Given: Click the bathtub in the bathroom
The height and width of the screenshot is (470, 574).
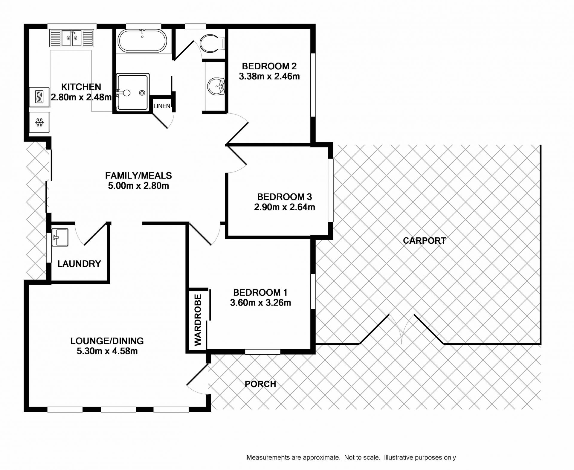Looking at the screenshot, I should pos(142,41).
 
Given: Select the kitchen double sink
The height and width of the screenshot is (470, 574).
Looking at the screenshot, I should pos(72,38).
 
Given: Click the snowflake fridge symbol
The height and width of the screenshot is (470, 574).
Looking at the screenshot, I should pos(39,122).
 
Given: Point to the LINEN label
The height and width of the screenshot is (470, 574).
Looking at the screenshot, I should pos(162,106).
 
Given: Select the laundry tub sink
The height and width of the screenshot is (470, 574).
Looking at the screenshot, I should pos(60,237).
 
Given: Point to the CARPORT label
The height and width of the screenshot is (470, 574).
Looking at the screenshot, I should pos(424,240).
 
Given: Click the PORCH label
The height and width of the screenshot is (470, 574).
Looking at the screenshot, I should pos(260,384).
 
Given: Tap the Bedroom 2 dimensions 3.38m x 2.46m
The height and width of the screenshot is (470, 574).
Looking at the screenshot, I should pos(269,77).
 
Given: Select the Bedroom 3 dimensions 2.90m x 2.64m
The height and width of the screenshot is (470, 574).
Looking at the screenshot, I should pos(284,207).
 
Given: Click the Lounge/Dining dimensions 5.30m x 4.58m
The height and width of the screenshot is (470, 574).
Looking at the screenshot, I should pos(107,351).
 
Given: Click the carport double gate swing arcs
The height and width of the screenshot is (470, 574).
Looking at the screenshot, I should pos(402,329).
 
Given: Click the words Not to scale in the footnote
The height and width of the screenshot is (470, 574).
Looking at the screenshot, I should pos(362,457).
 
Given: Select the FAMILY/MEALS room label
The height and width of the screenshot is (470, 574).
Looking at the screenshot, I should pos(138,176).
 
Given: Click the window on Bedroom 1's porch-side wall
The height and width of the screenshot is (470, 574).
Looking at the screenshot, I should pos(262,352).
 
